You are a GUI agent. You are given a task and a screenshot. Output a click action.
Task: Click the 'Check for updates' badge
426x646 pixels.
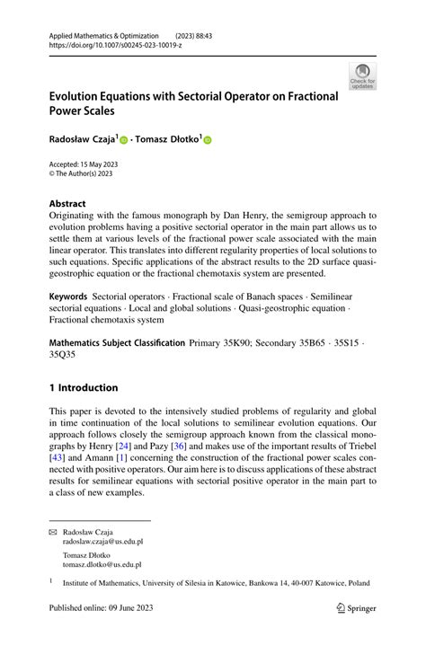362,76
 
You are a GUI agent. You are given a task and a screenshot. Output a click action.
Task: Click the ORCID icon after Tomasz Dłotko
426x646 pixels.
208,141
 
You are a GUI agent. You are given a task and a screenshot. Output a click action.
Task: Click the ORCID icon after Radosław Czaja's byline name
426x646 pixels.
124,141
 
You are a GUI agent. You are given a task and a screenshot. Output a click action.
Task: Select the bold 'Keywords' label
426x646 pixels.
68,296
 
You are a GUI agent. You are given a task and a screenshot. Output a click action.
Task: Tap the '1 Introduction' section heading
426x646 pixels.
84,388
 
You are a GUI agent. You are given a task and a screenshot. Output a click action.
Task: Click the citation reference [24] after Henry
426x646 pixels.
129,446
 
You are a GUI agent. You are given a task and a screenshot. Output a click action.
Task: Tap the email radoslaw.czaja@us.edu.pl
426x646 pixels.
102,542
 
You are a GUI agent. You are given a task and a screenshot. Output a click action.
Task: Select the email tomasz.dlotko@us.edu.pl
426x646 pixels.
102,564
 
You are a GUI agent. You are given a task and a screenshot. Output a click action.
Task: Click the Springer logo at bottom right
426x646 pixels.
355,608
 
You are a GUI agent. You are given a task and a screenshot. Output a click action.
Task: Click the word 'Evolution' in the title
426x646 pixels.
80,96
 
